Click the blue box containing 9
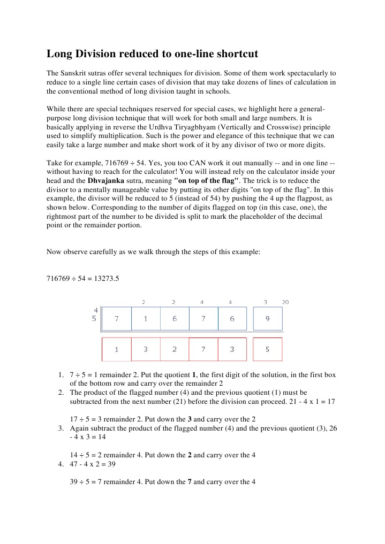coord(267,319)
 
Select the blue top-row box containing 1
coord(146,319)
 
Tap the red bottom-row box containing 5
coord(267,349)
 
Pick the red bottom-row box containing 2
coord(174,349)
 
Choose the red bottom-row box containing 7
coord(203,349)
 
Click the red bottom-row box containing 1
coord(117,349)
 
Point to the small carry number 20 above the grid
coord(285,302)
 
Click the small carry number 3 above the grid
coord(266,302)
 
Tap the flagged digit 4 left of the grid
coord(95,310)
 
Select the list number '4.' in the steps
coord(61,464)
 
